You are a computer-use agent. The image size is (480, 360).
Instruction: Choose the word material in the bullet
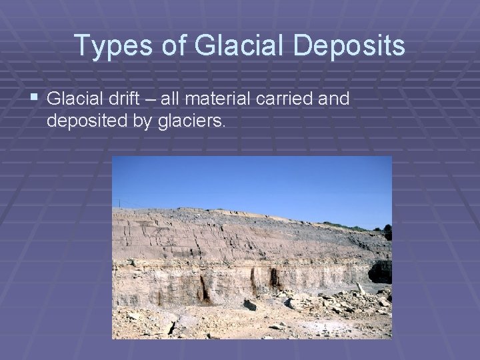click(212, 99)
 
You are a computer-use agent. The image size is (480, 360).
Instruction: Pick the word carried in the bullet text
click(283, 99)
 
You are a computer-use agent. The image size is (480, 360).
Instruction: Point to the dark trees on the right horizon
click(387, 233)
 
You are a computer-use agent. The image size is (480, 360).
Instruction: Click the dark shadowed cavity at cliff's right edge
click(381, 271)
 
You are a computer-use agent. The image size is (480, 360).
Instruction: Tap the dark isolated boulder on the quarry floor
click(249, 305)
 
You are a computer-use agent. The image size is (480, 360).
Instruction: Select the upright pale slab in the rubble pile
click(361, 289)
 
